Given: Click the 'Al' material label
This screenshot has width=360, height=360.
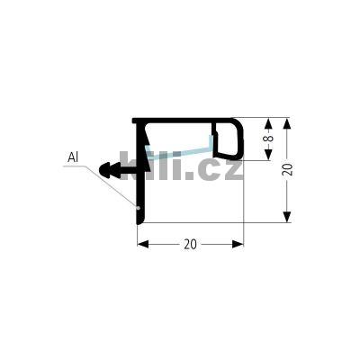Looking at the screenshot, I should point(74,158).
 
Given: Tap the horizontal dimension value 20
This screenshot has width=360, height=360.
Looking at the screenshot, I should point(191,244).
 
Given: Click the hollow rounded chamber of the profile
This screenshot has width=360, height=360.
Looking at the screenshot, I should point(228,141).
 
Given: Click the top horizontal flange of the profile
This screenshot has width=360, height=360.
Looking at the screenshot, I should point(184,120).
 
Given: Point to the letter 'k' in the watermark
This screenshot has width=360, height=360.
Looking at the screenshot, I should point(131,166).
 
